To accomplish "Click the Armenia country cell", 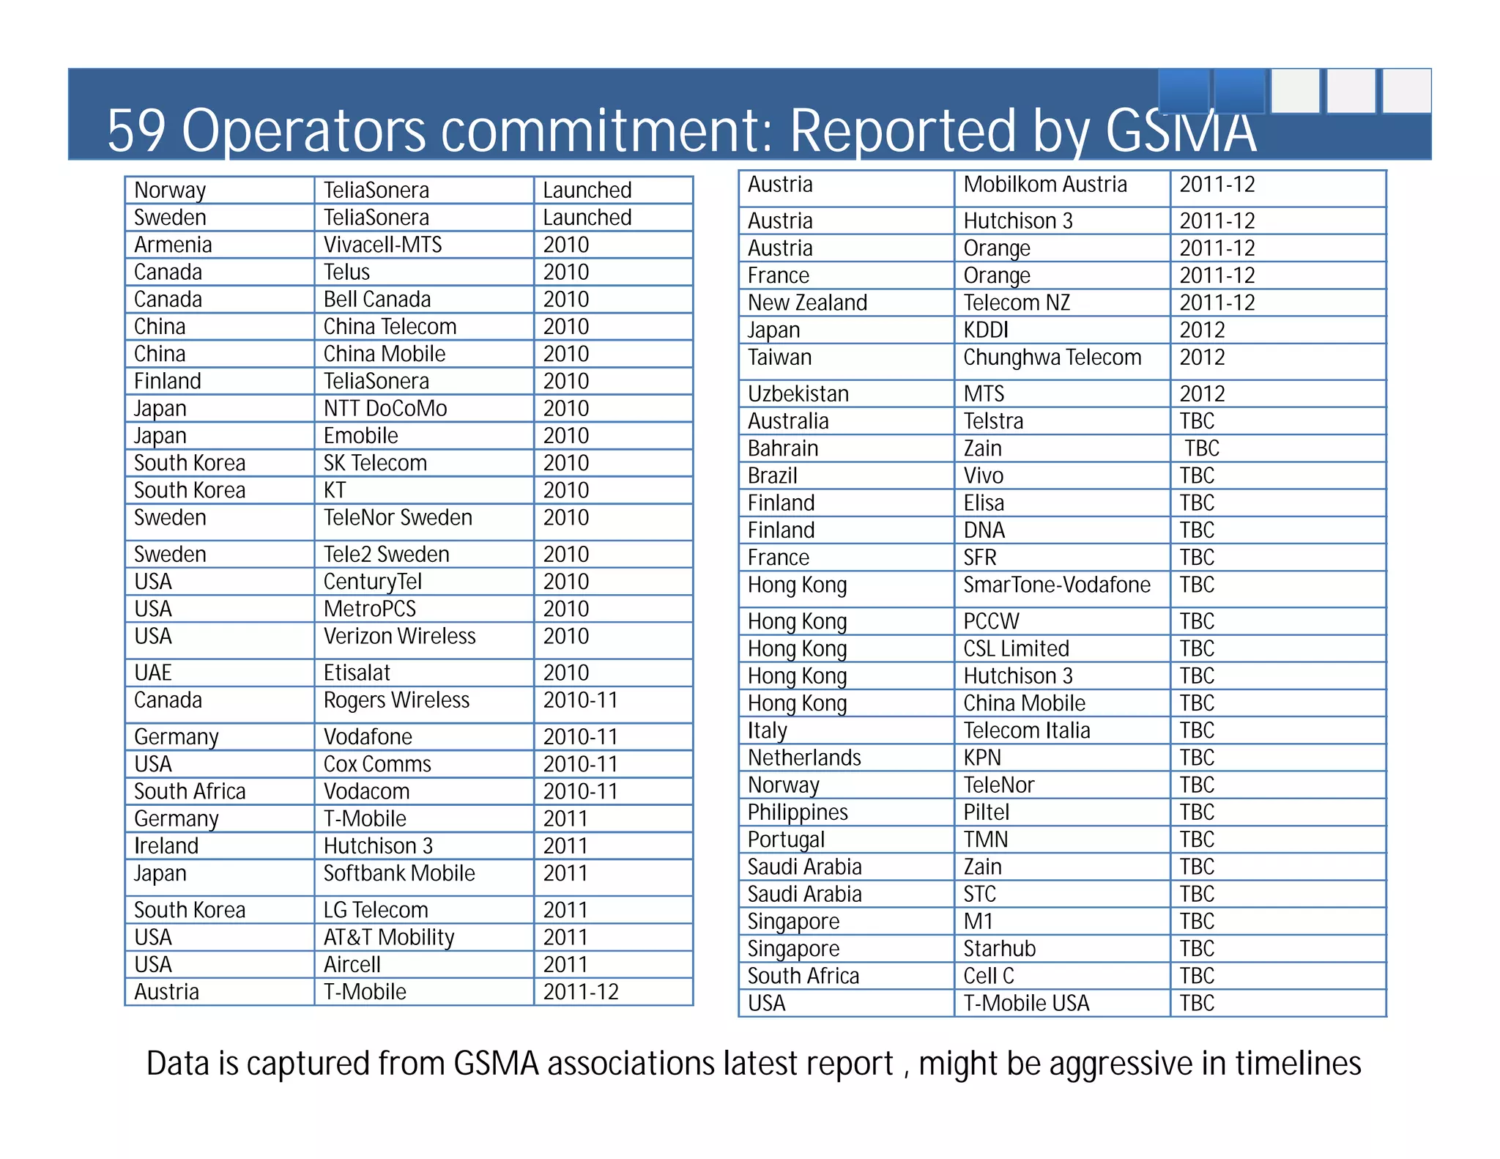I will (173, 245).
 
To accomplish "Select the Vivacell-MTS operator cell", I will (382, 245).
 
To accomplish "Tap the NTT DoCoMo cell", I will (385, 408).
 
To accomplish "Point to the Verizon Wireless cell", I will (399, 636).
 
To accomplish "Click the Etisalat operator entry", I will (357, 673).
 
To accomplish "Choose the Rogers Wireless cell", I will (396, 700).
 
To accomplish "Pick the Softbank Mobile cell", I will (399, 873).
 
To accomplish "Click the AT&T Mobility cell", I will (389, 937).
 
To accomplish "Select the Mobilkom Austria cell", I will (1044, 185).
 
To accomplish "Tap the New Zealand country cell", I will (807, 303).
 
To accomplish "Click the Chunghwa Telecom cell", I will (1052, 358).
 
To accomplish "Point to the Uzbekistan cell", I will (798, 394).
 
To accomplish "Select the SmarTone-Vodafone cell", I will (1056, 585).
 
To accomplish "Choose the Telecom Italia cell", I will (1026, 730).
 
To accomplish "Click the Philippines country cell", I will (798, 812).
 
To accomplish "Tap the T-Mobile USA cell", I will (1026, 1003).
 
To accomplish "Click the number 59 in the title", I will (137, 130).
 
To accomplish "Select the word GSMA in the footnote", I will (496, 1064).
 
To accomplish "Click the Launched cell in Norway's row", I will (587, 190).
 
